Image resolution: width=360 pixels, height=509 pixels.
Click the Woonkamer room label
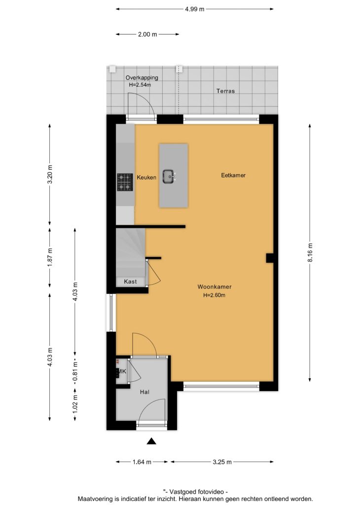click(x=214, y=287)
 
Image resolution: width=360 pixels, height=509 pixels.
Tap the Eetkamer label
click(x=233, y=175)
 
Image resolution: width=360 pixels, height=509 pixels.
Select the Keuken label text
click(x=146, y=177)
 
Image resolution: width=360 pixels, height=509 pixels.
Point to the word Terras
click(x=225, y=91)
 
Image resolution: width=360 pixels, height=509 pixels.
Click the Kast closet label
click(x=130, y=282)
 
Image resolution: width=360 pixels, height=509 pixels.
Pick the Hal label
click(x=144, y=392)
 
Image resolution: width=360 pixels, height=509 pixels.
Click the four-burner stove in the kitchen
click(x=125, y=182)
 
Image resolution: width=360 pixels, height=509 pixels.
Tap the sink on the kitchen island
click(x=169, y=177)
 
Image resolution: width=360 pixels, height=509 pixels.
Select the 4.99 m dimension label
click(x=195, y=9)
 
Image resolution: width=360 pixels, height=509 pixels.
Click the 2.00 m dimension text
click(x=147, y=34)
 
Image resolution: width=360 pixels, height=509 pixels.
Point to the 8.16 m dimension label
click(x=310, y=253)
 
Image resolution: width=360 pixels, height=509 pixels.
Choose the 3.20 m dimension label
click(x=50, y=175)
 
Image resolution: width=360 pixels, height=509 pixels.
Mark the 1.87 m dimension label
click(x=50, y=257)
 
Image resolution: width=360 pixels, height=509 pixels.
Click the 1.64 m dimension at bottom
click(x=142, y=462)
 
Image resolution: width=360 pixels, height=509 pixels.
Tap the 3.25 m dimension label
click(x=222, y=462)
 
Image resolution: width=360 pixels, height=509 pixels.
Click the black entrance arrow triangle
click(x=151, y=441)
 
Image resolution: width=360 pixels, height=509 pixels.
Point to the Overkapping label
click(x=142, y=77)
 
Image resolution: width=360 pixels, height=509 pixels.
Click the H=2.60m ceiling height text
click(x=214, y=295)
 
